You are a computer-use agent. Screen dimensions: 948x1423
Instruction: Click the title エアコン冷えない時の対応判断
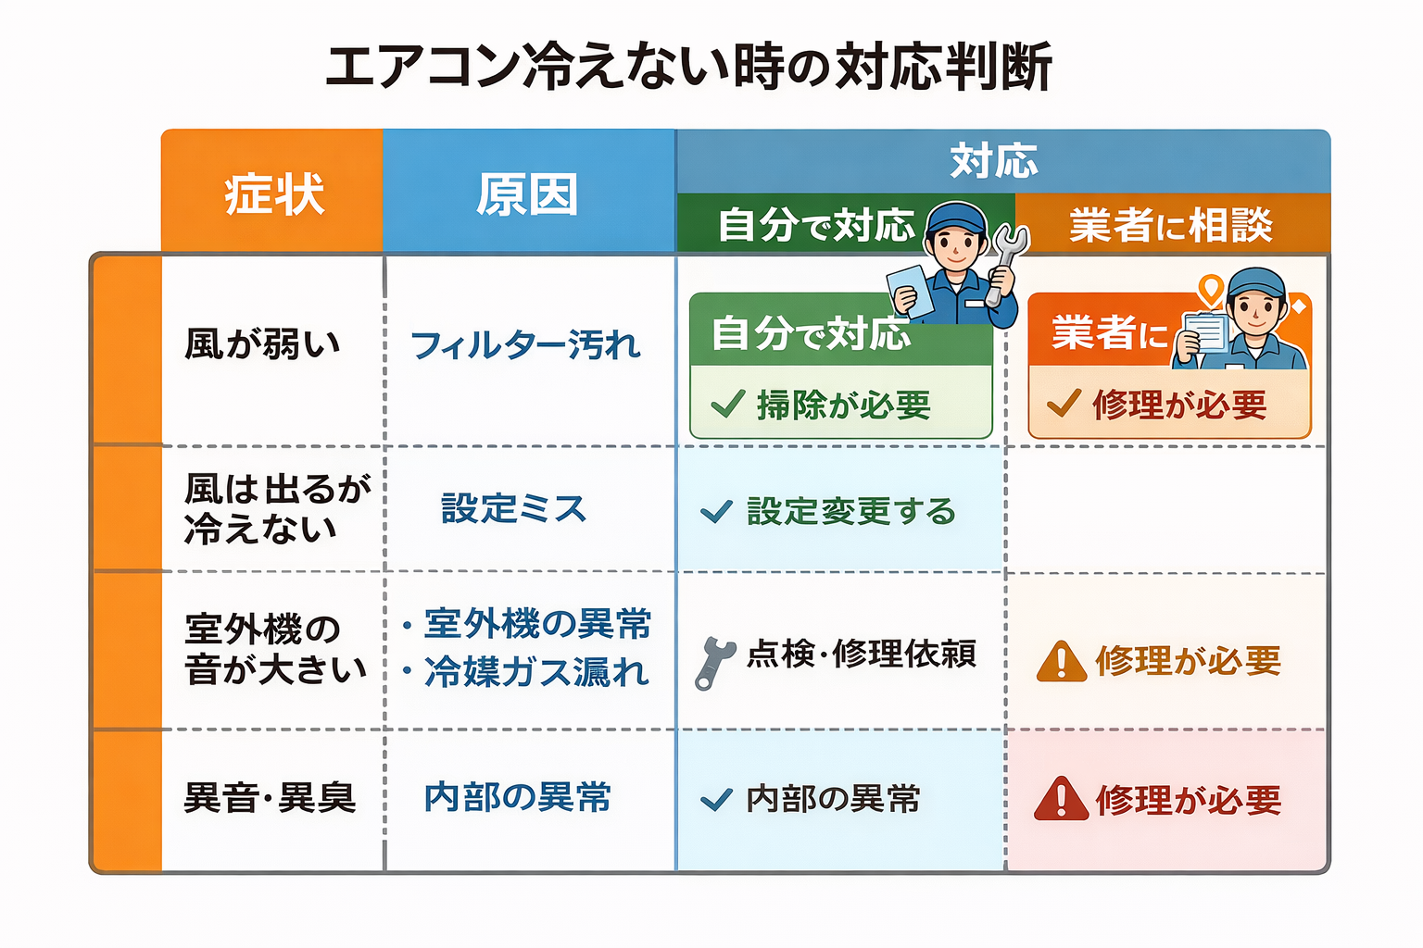point(688,67)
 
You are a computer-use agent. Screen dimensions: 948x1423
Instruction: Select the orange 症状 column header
point(273,194)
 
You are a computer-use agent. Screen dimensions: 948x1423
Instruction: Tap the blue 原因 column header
point(528,194)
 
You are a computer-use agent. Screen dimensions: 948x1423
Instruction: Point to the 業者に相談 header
point(1171,225)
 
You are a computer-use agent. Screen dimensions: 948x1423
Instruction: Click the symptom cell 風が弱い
point(262,344)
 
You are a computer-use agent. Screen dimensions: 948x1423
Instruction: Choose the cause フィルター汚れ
point(525,345)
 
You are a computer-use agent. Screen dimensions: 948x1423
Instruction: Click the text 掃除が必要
point(843,405)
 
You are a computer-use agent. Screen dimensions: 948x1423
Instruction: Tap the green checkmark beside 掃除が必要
point(727,404)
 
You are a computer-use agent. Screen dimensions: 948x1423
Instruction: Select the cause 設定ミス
point(514,508)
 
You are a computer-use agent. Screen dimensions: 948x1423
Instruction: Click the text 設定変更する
point(850,511)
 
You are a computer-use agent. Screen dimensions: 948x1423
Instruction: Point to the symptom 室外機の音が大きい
point(275,648)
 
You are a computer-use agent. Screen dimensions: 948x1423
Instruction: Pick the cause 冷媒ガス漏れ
point(536,672)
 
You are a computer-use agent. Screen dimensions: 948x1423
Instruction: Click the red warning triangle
point(1061,799)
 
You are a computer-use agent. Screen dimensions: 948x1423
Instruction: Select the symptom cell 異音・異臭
point(270,798)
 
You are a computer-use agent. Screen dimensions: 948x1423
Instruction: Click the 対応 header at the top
point(994,161)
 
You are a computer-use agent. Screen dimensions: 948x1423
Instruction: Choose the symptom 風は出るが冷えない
point(276,508)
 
